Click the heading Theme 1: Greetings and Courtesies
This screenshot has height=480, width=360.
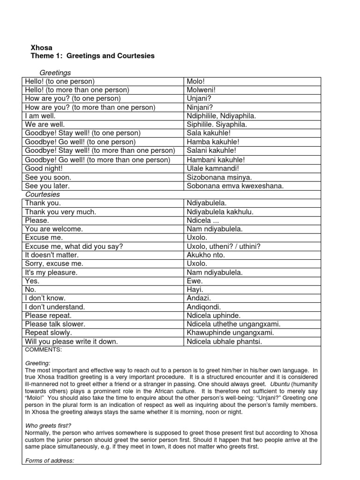92,56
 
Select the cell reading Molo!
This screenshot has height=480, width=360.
195,81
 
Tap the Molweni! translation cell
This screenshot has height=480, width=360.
202,90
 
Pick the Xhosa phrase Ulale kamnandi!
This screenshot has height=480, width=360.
212,168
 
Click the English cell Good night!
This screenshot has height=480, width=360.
44,168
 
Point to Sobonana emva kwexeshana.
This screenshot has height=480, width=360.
235,186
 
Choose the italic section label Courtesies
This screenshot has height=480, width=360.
43,194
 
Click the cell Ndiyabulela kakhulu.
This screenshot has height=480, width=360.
220,212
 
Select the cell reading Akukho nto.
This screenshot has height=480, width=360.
206,255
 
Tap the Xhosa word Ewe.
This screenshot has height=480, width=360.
195,281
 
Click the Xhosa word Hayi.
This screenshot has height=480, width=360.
195,290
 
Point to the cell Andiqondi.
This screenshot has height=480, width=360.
204,307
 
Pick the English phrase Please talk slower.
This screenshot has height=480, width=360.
55,324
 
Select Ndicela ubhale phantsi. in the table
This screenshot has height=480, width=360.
225,342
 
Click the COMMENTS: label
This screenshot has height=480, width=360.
43,350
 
